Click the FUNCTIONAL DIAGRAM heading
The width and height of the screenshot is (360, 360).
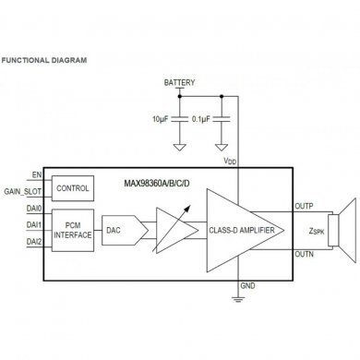(x=44, y=61)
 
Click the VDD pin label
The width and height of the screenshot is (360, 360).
(x=230, y=160)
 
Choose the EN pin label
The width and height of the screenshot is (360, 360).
(x=37, y=174)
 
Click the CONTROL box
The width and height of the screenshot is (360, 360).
(x=72, y=187)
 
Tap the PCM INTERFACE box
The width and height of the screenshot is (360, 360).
(x=72, y=229)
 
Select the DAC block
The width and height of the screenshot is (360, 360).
(x=114, y=229)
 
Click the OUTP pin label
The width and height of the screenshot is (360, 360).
(x=305, y=206)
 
